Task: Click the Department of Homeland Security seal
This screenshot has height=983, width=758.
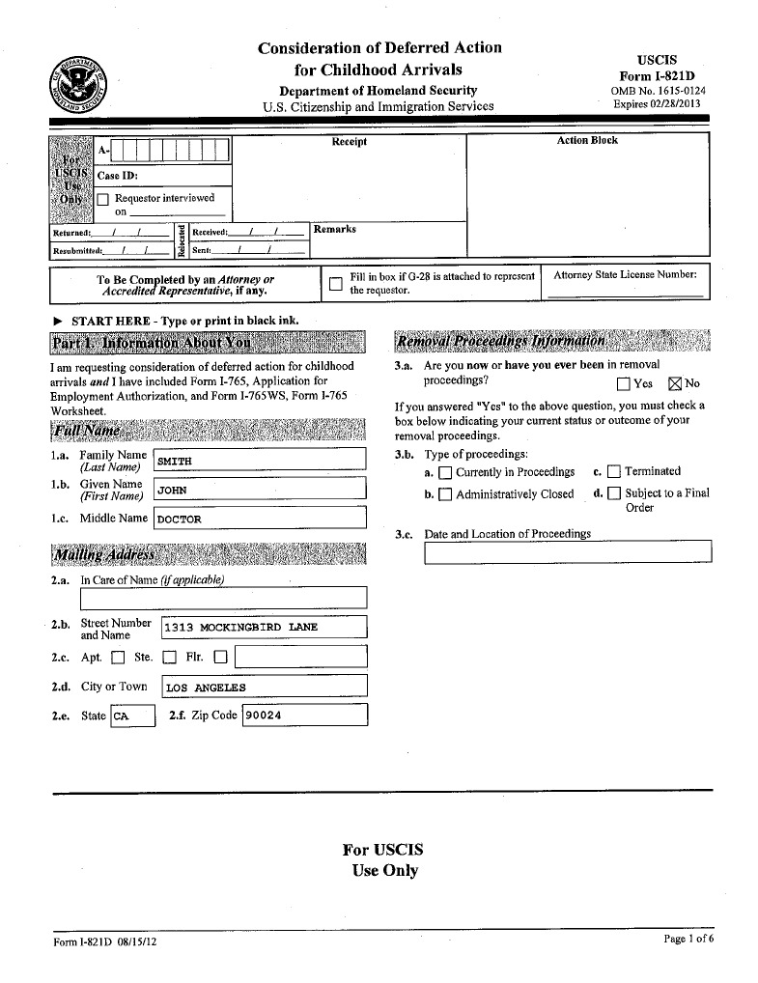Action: pos(80,86)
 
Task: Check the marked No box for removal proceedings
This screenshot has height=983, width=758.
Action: pos(674,383)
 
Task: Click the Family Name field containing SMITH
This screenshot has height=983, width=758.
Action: pos(260,461)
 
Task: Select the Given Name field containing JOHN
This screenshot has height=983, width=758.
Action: pos(260,490)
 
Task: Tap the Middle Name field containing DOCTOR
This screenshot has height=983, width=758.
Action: pos(260,519)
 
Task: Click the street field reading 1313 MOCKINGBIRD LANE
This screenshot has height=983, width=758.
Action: pos(264,628)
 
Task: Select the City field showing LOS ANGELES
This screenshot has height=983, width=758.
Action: pos(264,688)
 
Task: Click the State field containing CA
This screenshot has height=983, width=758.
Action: pos(131,716)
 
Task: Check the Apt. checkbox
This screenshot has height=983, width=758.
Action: pos(118,659)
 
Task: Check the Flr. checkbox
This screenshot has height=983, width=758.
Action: pos(220,659)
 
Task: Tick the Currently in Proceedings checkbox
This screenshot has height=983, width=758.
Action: pos(444,473)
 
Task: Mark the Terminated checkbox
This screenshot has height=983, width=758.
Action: pos(613,472)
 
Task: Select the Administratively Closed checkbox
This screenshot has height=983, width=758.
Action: pos(444,495)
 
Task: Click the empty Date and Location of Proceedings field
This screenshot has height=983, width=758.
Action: pos(567,551)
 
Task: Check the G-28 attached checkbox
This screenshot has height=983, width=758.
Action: pos(335,284)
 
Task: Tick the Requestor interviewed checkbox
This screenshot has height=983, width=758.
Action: pos(103,199)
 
